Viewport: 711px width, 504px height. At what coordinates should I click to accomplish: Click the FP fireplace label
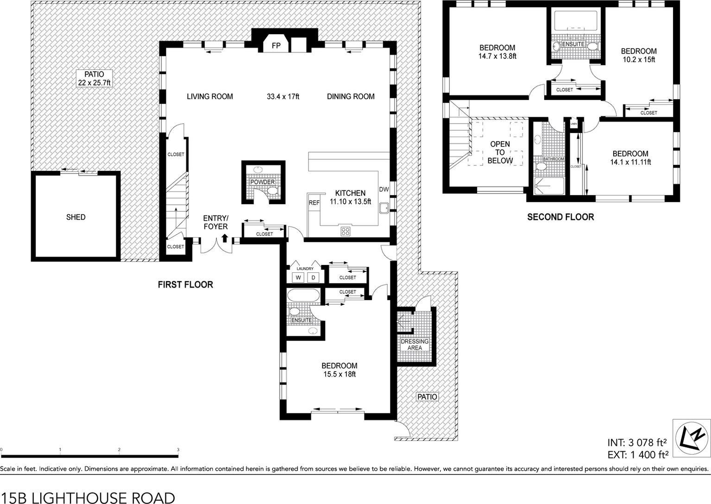point(276,46)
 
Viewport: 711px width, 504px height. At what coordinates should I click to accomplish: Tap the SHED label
point(76,217)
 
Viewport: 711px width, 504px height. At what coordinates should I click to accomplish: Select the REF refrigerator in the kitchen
point(314,202)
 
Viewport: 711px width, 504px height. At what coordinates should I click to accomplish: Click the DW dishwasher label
point(384,189)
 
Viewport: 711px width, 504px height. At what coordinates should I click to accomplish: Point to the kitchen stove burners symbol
point(346,231)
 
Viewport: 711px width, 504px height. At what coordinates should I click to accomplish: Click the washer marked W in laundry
point(298,277)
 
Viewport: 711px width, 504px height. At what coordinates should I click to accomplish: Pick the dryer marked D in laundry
point(313,277)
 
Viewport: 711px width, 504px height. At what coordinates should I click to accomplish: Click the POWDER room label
point(263,182)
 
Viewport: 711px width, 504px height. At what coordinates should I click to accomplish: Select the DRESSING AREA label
point(415,344)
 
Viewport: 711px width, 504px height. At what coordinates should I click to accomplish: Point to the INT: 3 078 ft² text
point(637,442)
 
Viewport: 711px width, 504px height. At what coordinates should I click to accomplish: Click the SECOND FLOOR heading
point(560,217)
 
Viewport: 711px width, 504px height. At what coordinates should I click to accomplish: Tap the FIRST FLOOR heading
point(185,284)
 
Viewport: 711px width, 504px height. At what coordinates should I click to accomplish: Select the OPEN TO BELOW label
point(500,152)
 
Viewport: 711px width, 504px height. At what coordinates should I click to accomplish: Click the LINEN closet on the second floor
point(573,124)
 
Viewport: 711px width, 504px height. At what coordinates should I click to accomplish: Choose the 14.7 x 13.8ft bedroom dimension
point(497,56)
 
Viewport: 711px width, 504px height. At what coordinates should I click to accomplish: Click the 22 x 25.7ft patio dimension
point(94,83)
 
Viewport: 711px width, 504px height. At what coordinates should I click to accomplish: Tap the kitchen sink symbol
point(384,208)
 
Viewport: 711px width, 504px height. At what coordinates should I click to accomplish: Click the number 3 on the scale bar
point(178,449)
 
